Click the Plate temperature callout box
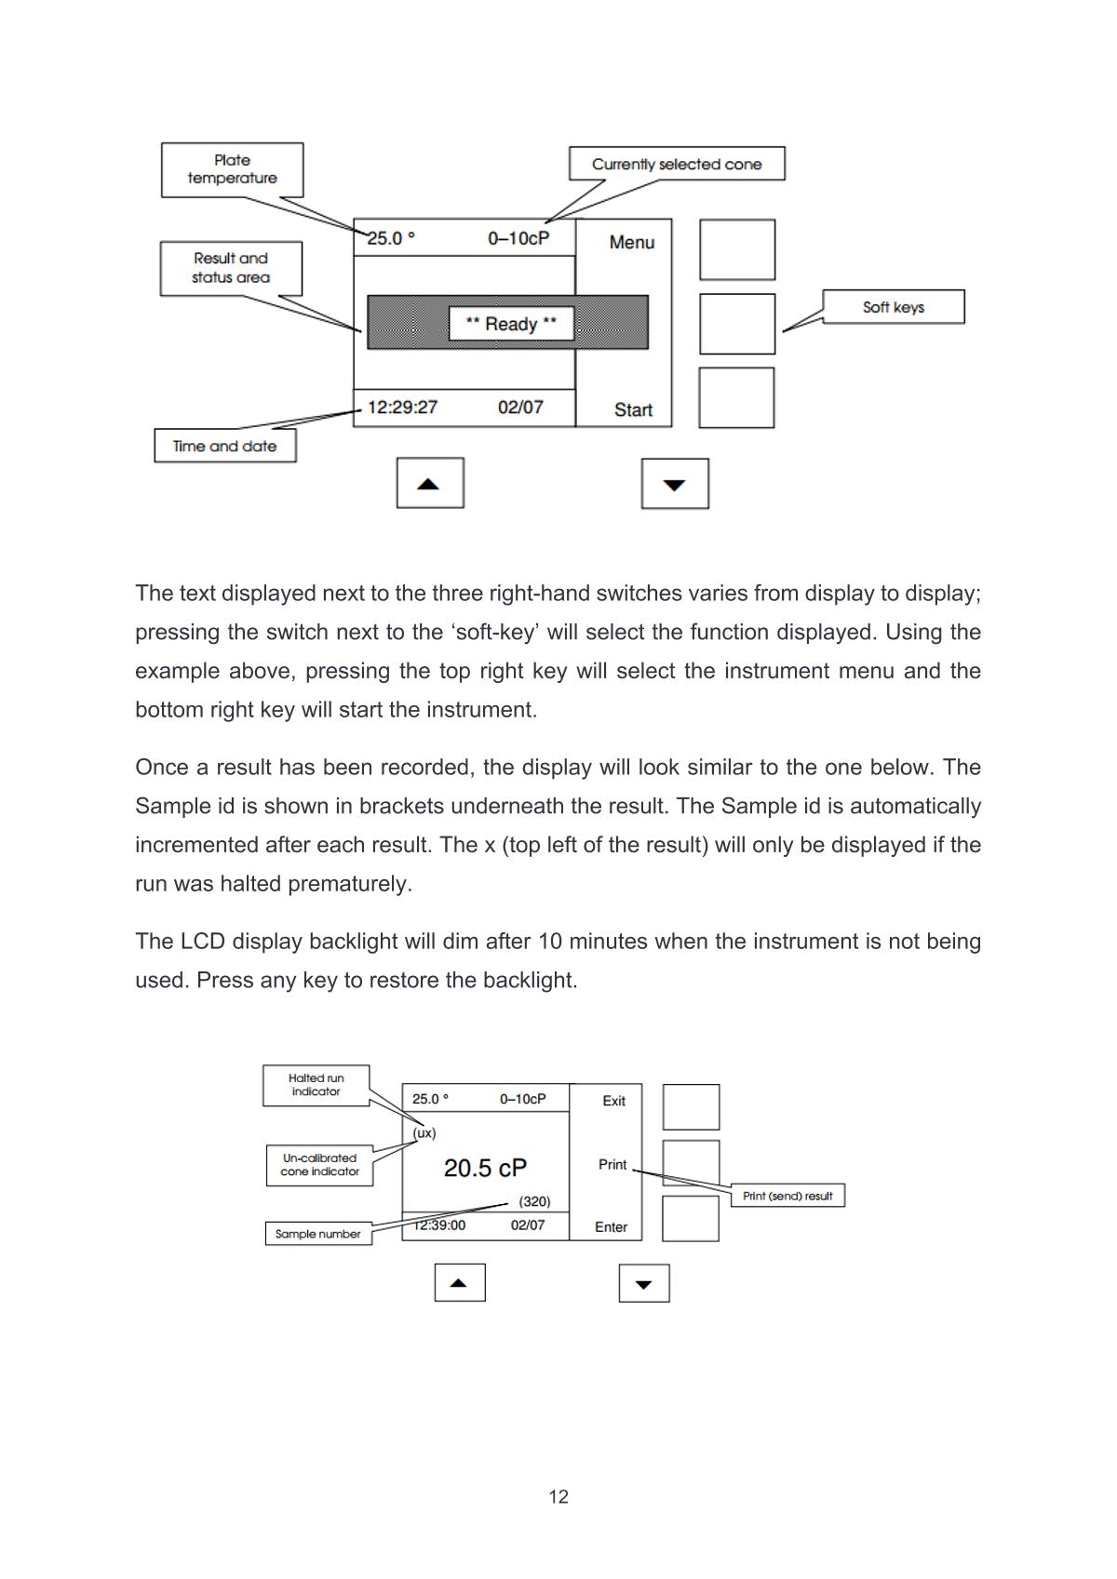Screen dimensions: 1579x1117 click(232, 169)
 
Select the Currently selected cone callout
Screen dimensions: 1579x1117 click(677, 164)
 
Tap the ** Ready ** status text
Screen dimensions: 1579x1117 click(511, 324)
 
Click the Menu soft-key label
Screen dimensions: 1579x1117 click(632, 242)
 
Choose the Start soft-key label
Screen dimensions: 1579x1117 click(633, 409)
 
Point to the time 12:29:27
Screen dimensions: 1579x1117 click(402, 407)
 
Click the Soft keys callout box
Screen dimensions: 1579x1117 click(894, 307)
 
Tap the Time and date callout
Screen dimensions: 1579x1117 click(224, 446)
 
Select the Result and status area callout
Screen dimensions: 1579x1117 click(231, 268)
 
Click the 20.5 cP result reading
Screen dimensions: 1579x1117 click(485, 1168)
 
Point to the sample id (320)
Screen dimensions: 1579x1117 click(534, 1201)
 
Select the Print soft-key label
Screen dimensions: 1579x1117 click(612, 1164)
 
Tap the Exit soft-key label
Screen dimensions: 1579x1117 click(613, 1101)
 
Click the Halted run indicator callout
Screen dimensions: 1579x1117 click(316, 1085)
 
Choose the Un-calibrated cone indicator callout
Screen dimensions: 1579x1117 click(319, 1165)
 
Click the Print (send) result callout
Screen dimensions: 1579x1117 click(787, 1196)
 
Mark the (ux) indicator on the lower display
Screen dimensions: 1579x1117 click(424, 1133)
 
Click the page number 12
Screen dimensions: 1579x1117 click(558, 1496)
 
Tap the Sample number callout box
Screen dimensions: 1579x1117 click(317, 1234)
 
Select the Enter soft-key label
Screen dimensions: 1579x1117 click(612, 1227)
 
